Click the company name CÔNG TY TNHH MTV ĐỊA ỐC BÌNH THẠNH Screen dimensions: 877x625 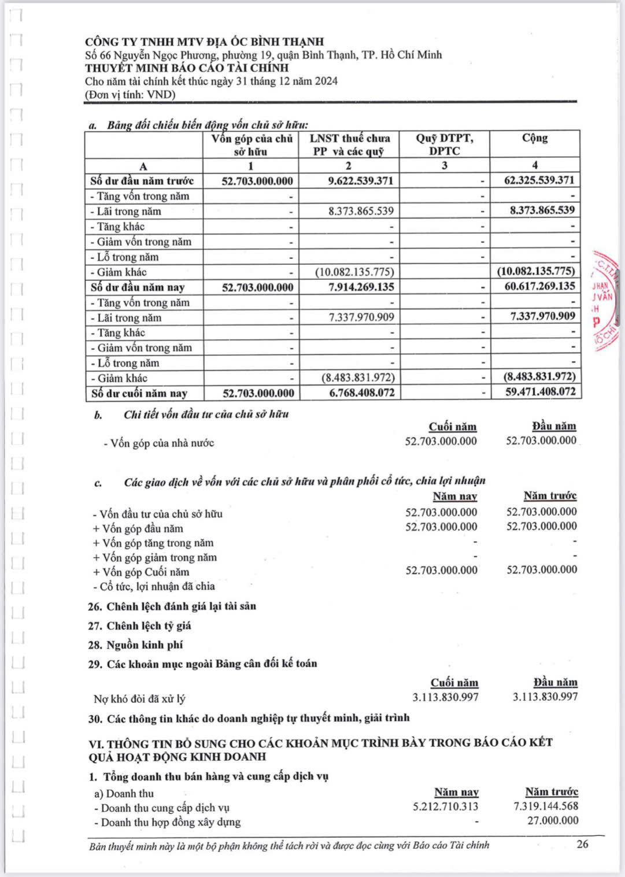coord(204,42)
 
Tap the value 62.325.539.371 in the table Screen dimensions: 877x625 coord(539,180)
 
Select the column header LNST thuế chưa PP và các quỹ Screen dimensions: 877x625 coord(349,145)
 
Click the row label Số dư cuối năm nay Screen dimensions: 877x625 coord(139,393)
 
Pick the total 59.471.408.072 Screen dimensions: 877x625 coord(539,391)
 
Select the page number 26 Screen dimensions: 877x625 coord(582,844)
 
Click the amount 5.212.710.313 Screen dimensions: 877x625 coord(445,806)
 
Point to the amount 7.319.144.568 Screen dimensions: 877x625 coord(545,806)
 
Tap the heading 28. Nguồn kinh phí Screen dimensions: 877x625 coord(135,645)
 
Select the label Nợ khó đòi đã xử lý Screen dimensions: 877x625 coord(139,698)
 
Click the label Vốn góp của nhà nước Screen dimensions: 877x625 coord(159,443)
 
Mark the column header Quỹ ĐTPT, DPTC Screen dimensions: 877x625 coord(444,145)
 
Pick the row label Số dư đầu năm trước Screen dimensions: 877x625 coord(142,181)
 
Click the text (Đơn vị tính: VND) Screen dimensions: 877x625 coord(130,94)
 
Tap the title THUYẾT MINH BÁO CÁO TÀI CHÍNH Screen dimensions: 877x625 coord(187,68)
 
